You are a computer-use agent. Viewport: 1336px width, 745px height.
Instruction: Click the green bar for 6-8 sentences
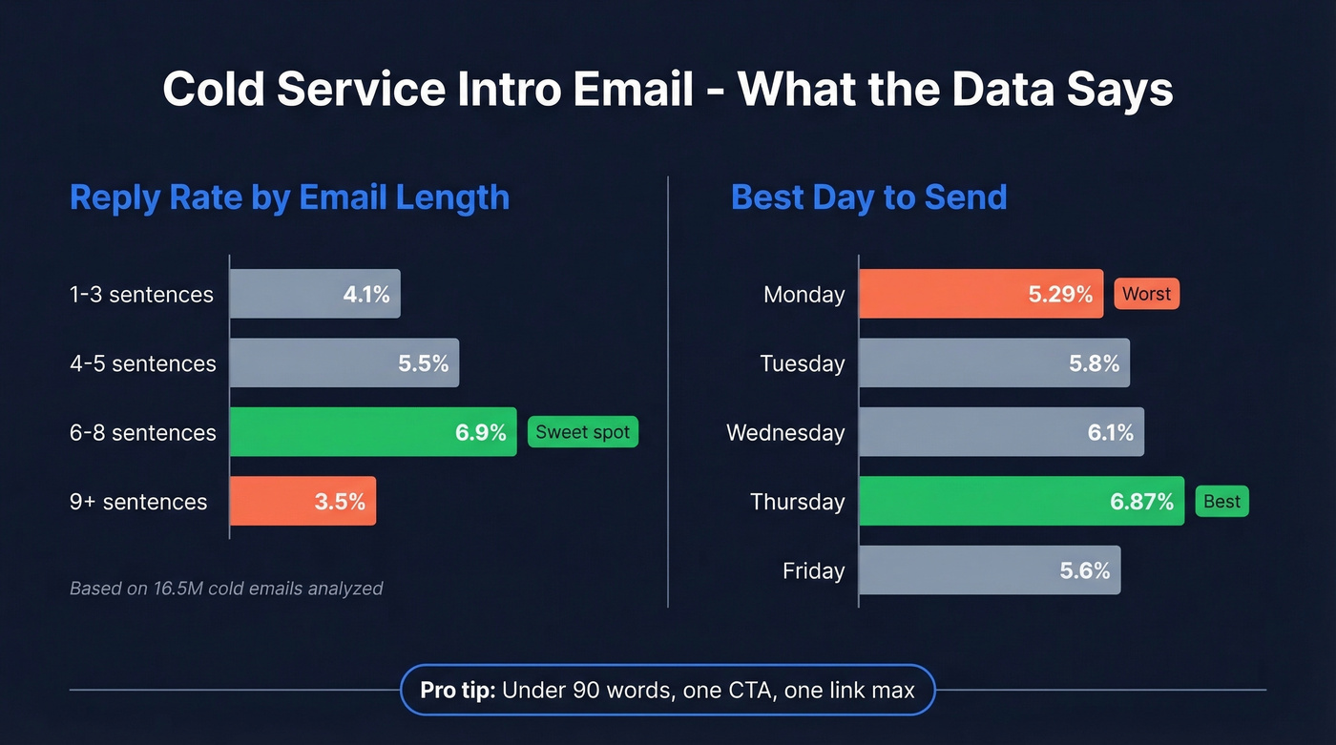click(x=372, y=432)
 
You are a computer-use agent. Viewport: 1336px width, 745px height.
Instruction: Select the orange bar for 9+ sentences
click(x=303, y=501)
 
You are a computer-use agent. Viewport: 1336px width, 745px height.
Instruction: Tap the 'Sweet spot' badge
click(x=582, y=432)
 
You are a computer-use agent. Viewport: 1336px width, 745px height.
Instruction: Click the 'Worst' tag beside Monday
click(x=1146, y=294)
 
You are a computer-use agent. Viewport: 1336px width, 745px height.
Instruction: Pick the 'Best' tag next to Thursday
click(x=1222, y=501)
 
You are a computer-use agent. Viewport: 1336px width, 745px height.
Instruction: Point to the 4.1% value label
click(x=366, y=295)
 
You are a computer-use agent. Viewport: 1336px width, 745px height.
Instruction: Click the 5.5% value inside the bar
click(x=424, y=363)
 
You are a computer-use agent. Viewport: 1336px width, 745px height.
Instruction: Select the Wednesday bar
click(x=1001, y=432)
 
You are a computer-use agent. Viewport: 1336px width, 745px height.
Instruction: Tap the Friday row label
click(x=813, y=570)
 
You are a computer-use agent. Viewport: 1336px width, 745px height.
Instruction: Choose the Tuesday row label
click(x=802, y=363)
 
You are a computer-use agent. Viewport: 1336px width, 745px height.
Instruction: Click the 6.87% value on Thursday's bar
click(x=1141, y=501)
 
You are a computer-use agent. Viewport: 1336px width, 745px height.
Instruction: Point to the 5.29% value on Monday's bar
click(x=1060, y=295)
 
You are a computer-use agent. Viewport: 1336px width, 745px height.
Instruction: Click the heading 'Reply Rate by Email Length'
click(x=289, y=197)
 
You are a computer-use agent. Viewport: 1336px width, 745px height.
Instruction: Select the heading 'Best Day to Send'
click(x=868, y=197)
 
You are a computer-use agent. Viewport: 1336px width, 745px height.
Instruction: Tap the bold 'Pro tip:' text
click(x=458, y=690)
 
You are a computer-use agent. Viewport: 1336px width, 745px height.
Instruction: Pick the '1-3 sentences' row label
click(x=141, y=295)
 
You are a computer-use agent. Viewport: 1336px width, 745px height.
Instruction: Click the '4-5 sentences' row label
click(x=143, y=363)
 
